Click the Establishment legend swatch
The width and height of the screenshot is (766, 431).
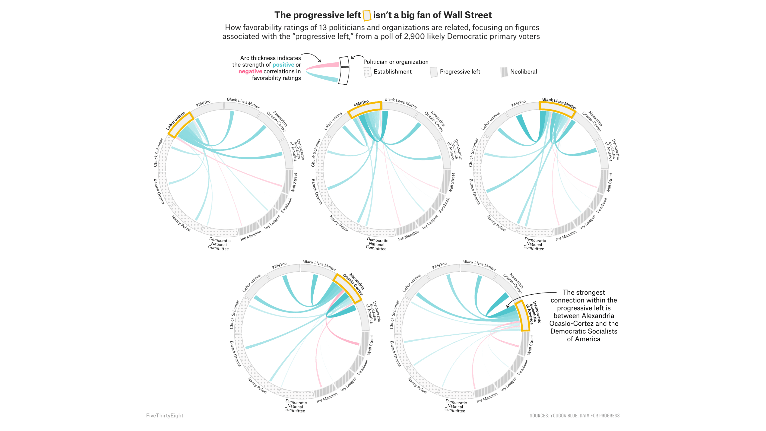pos(367,72)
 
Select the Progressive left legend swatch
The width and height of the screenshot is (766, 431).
pos(434,72)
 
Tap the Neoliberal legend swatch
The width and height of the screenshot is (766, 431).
pos(504,72)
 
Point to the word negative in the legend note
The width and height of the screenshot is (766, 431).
pos(250,71)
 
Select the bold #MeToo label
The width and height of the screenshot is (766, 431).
pos(361,103)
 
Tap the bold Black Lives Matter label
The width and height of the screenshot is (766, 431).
pos(559,103)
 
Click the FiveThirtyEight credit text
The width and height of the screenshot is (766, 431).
pos(164,415)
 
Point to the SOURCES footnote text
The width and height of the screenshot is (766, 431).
pos(574,415)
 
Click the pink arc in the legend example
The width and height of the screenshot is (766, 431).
pos(323,66)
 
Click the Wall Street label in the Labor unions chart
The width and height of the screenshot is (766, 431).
pos(294,183)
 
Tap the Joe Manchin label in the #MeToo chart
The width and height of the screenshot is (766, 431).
pos(408,235)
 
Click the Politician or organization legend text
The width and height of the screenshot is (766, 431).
pos(396,62)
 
